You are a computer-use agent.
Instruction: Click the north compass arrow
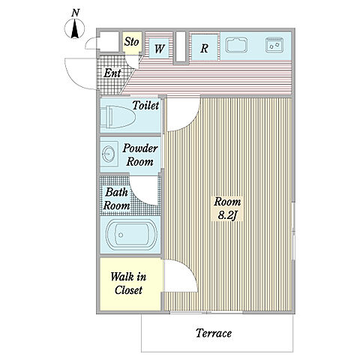[74, 29]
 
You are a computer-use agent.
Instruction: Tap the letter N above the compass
[75, 13]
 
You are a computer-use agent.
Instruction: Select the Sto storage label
[131, 42]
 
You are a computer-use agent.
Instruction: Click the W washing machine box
[159, 49]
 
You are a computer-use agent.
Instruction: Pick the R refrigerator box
[204, 48]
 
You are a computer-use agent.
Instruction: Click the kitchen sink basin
[236, 45]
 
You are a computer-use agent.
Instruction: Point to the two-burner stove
[274, 45]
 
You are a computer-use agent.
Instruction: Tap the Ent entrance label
[112, 73]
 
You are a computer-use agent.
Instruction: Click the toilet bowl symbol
[118, 117]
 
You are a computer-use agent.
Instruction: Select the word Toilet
[145, 105]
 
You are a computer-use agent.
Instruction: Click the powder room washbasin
[109, 154]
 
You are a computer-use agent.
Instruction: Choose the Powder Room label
[140, 155]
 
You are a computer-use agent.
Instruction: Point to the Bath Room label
[117, 199]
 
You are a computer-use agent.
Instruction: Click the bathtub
[131, 235]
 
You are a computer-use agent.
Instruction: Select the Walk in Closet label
[128, 283]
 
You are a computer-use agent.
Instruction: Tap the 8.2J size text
[227, 215]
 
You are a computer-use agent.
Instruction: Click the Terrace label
[214, 333]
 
